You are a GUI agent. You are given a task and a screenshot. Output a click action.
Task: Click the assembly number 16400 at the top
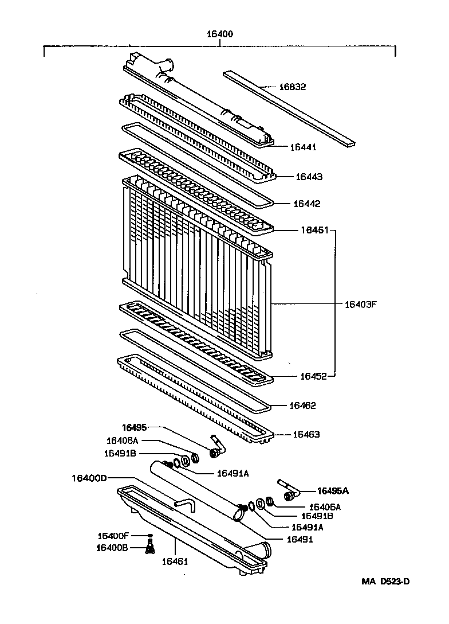click(x=220, y=34)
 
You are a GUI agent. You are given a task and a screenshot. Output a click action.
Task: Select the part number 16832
click(x=293, y=87)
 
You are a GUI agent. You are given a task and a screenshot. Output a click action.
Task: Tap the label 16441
click(x=303, y=147)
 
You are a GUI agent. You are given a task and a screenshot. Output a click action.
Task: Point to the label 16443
click(x=309, y=177)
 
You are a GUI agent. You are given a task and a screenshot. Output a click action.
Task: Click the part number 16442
click(x=306, y=204)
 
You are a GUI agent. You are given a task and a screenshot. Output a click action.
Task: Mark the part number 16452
click(x=313, y=377)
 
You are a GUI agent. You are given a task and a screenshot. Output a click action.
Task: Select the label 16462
click(x=302, y=405)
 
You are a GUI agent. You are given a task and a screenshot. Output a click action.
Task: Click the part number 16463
click(x=306, y=434)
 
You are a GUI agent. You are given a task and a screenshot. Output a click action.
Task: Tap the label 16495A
click(x=333, y=491)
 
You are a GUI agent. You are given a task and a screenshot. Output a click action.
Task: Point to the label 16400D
click(x=89, y=478)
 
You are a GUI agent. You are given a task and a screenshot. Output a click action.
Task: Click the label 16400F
click(x=113, y=536)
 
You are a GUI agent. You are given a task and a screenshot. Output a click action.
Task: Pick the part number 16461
click(x=174, y=561)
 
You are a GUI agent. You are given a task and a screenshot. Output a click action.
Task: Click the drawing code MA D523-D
click(x=385, y=582)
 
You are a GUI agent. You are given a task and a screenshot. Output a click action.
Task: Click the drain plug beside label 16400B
click(x=150, y=548)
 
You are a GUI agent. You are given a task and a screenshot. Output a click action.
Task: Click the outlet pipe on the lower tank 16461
click(x=260, y=550)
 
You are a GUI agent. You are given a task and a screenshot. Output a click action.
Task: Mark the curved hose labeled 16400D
click(x=184, y=505)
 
